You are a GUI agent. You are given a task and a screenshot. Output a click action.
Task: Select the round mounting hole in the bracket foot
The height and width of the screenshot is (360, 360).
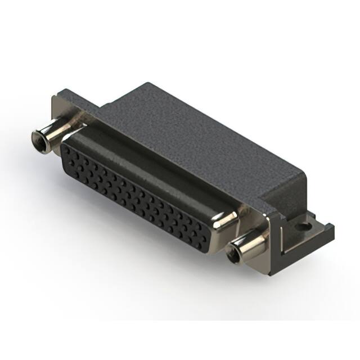(x=305, y=228)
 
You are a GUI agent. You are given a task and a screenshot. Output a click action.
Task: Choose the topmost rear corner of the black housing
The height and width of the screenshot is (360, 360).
(x=147, y=84)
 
